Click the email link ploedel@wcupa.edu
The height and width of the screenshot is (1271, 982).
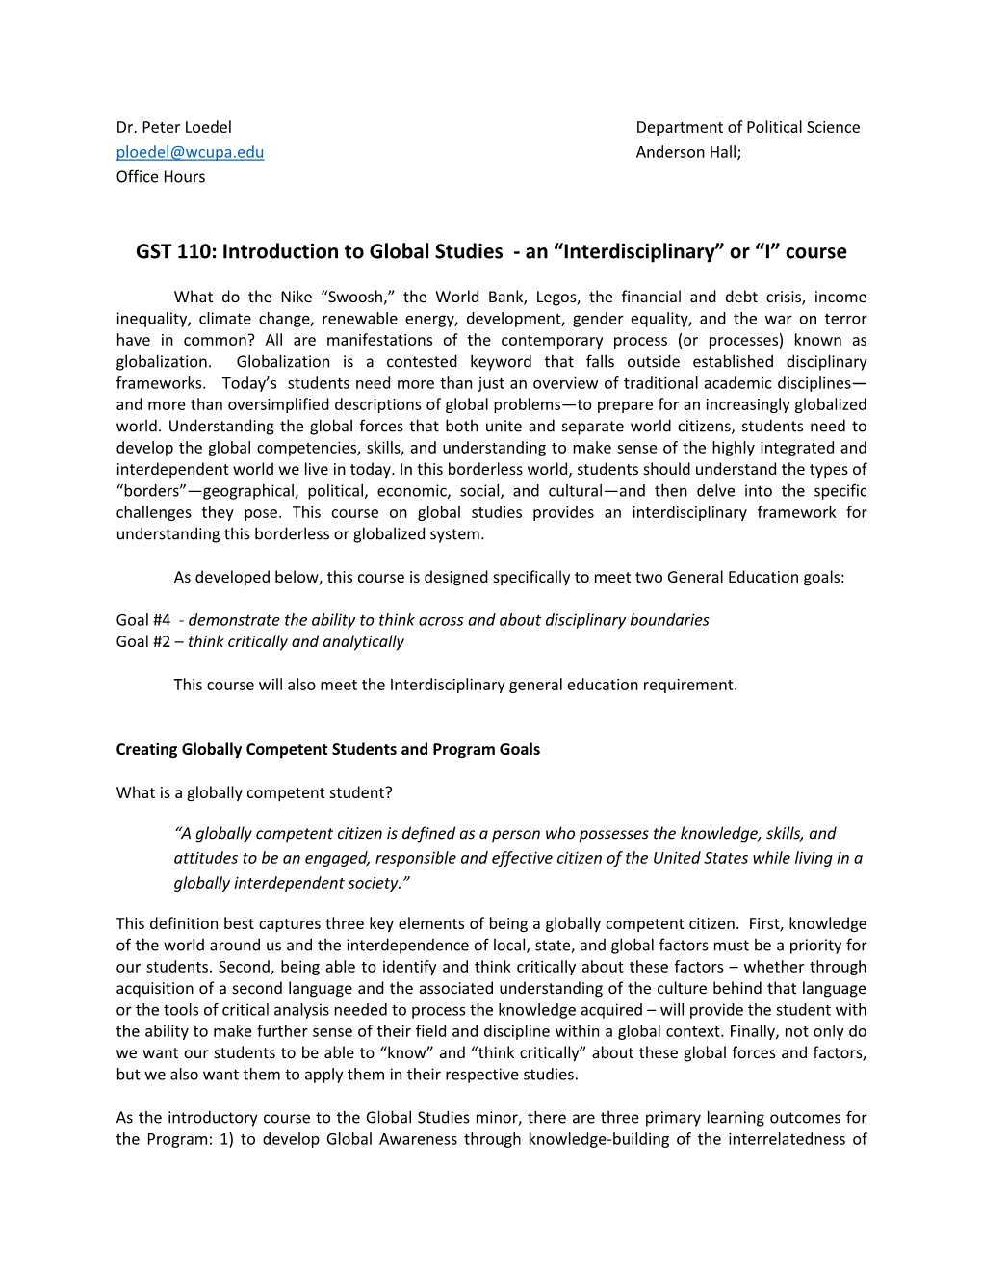[x=190, y=152]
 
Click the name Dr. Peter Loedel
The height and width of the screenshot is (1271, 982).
[x=173, y=127]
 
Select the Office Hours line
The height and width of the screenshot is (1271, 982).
[x=161, y=177]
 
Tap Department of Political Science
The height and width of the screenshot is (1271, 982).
[x=747, y=127]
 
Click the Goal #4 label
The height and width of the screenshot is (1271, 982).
[x=142, y=620]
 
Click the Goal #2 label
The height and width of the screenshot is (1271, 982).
[x=142, y=642]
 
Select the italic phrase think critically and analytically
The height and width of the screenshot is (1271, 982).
[x=296, y=642]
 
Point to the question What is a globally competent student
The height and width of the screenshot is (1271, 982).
[x=254, y=793]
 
